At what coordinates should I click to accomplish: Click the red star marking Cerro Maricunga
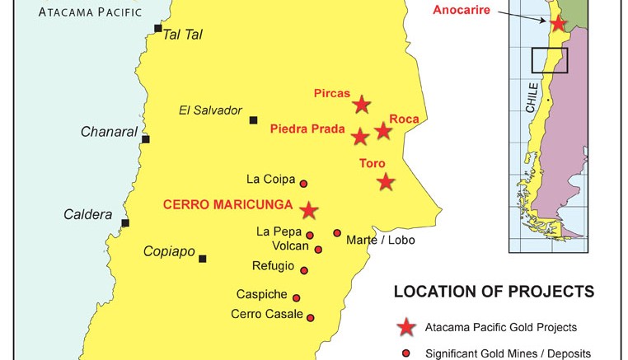pyautogui.click(x=309, y=210)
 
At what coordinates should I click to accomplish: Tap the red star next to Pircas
pyautogui.click(x=362, y=105)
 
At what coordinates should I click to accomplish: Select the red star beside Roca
pyautogui.click(x=383, y=130)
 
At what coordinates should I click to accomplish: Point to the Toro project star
pyautogui.click(x=386, y=182)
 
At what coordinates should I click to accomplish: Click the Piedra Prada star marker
pyautogui.click(x=360, y=137)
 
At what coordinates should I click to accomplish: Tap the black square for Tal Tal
pyautogui.click(x=157, y=29)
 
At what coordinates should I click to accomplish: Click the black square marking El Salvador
pyautogui.click(x=254, y=120)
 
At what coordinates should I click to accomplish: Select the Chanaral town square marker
pyautogui.click(x=146, y=138)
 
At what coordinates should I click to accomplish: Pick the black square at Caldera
pyautogui.click(x=125, y=222)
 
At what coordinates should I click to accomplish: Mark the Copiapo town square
pyautogui.click(x=202, y=259)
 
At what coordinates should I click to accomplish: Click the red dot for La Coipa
pyautogui.click(x=303, y=184)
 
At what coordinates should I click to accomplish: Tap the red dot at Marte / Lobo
pyautogui.click(x=337, y=233)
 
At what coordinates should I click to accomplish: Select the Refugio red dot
pyautogui.click(x=304, y=270)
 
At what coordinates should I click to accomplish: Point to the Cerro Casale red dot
pyautogui.click(x=311, y=317)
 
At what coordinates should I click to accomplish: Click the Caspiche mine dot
pyautogui.click(x=297, y=298)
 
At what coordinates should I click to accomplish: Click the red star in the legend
pyautogui.click(x=405, y=328)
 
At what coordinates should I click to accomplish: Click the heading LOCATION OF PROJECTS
pyautogui.click(x=494, y=292)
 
